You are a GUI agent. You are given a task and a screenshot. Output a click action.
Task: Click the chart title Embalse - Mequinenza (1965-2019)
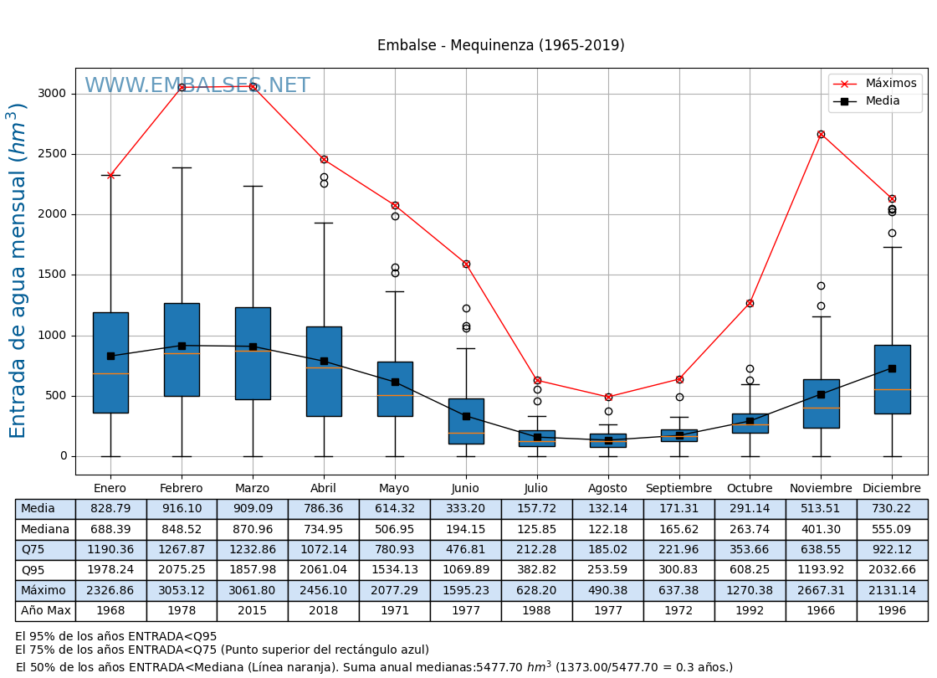pos(500,45)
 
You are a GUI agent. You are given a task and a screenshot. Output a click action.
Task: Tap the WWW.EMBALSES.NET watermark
pos(197,86)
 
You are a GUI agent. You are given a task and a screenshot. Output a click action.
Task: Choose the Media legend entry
pos(883,101)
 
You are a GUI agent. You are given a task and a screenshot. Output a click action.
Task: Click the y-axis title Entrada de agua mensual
pos(18,270)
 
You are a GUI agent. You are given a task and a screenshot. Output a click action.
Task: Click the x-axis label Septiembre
pos(678,489)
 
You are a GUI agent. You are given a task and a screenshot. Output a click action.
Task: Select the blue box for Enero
pos(110,362)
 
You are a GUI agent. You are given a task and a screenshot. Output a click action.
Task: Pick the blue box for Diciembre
pos(892,379)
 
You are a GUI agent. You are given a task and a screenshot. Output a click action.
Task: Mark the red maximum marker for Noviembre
pos(821,134)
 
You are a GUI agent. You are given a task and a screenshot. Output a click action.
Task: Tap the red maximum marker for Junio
pos(466,264)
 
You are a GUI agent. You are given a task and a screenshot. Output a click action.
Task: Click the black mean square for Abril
pos(324,362)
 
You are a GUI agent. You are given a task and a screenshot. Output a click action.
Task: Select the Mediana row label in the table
pos(45,530)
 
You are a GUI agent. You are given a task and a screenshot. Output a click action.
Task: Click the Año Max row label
pos(45,611)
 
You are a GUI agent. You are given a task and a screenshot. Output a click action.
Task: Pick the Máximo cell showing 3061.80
pos(252,591)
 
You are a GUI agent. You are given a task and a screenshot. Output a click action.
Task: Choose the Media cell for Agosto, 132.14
pos(607,509)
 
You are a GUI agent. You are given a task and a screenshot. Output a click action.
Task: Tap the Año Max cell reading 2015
pos(252,611)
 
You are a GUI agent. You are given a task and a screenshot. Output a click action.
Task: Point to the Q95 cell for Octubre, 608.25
pos(750,570)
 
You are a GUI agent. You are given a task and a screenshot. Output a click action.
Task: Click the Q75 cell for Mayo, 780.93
pos(394,550)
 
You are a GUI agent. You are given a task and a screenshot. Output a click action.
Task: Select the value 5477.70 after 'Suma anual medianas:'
pos(499,667)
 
